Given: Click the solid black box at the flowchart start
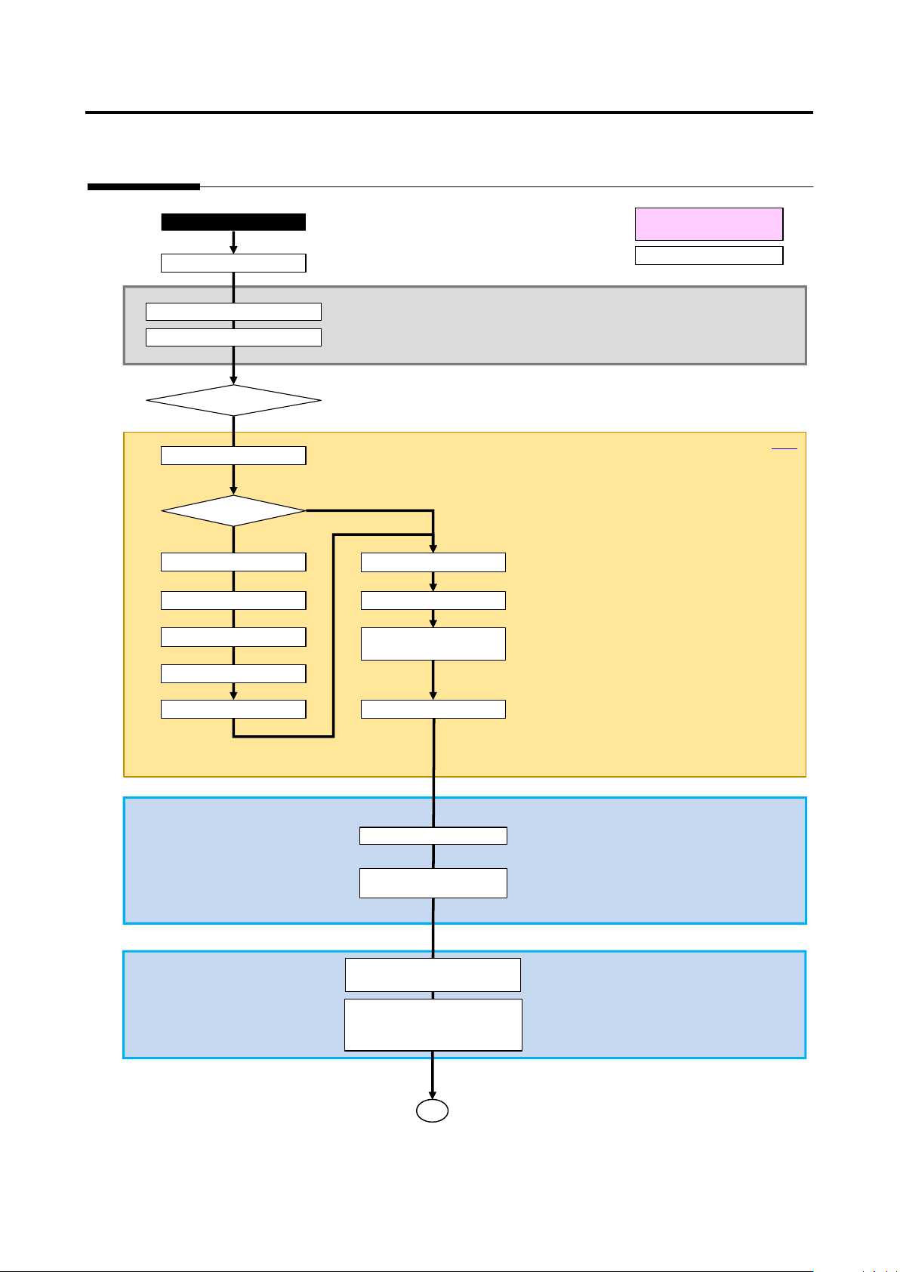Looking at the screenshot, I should [x=233, y=222].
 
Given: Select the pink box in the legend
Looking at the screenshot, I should [x=709, y=224].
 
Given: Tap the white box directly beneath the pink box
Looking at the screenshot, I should [x=709, y=255].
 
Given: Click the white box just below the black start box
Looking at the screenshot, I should [x=233, y=263].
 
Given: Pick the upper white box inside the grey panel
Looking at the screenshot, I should [x=233, y=312].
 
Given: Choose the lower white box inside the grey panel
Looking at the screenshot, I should [x=233, y=337].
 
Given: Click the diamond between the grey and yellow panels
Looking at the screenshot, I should [x=233, y=400].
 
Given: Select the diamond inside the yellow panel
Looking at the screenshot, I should [x=233, y=511].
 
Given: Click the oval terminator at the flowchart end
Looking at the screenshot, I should [x=433, y=1110].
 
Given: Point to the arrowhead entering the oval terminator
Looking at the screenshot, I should [x=433, y=1095].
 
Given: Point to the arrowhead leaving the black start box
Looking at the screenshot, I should [x=233, y=249].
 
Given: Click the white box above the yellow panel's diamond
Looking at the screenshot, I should [x=233, y=455].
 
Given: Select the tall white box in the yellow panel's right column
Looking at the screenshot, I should [x=433, y=644].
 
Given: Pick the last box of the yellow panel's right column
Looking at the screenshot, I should [x=433, y=709].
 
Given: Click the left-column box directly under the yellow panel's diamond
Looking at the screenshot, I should [x=233, y=562].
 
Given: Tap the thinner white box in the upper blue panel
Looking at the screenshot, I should [x=433, y=836].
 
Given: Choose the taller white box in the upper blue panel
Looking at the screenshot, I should [x=433, y=883].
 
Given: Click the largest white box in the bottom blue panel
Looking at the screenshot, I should [x=433, y=1024].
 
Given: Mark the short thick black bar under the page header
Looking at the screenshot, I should [x=143, y=186].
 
